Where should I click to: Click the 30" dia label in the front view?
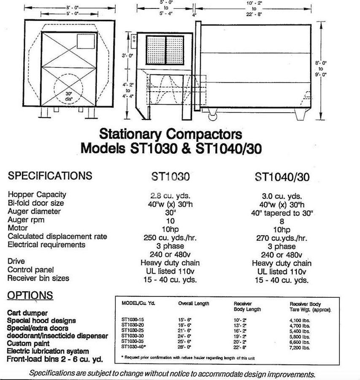(69, 95)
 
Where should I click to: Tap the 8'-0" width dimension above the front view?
(70, 7)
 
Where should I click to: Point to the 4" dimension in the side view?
(194, 15)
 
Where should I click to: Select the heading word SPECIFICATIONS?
(50, 175)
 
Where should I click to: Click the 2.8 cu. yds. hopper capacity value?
(171, 195)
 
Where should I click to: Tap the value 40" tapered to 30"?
(282, 212)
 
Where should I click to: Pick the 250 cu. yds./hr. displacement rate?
(171, 237)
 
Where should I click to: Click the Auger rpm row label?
(31, 220)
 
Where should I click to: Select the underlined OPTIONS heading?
(30, 295)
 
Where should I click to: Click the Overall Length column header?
(194, 304)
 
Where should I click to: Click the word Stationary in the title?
(130, 135)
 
